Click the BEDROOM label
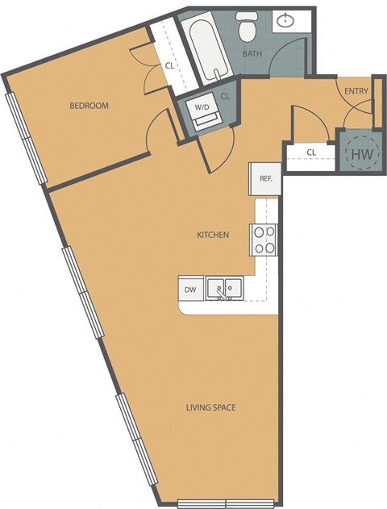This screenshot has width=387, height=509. coord(89,106)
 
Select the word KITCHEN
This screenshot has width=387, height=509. coord(214,235)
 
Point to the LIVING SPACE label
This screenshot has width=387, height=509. coord(210,407)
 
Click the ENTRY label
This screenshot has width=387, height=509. coord(356,91)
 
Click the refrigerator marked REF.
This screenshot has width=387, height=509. coord(265,179)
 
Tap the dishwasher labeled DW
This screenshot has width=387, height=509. coord(190,289)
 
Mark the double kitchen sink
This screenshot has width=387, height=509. coord(225,287)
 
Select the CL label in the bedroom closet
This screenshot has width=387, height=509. coord(170,66)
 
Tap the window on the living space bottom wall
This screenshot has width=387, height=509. coord(211,503)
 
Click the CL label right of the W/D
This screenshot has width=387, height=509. coord(225,96)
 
